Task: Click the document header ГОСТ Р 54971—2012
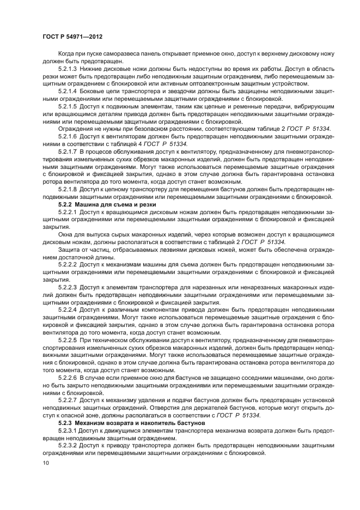tap(72, 36)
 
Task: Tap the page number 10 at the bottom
tap(45, 464)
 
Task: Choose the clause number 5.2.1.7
tap(68, 149)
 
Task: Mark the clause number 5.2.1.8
tap(68, 188)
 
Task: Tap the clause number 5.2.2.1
tap(68, 210)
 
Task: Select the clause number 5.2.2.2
tap(68, 263)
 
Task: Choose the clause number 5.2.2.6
tap(68, 377)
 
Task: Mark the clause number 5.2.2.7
tap(68, 399)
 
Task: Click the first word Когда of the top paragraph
tap(68, 53)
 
